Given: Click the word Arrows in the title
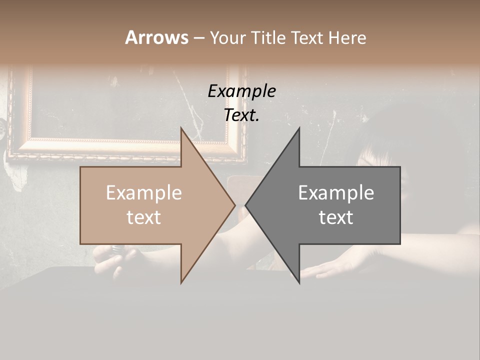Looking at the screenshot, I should pos(156,37).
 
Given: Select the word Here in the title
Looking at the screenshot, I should pos(347,37).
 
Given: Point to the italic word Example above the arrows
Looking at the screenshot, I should pos(241,91).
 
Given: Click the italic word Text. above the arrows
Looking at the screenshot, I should pos(241,115).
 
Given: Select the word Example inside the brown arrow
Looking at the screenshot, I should pos(144,193).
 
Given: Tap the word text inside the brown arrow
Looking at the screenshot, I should pos(144,217).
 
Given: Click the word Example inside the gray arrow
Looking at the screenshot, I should pos(336,193).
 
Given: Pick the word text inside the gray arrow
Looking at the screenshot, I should pos(336,217).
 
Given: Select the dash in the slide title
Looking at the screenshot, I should pos(198,38).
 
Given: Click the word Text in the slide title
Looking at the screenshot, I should pos(307,37).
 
